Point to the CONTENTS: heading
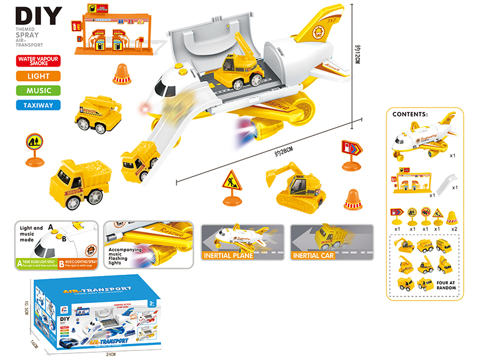[410, 113]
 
